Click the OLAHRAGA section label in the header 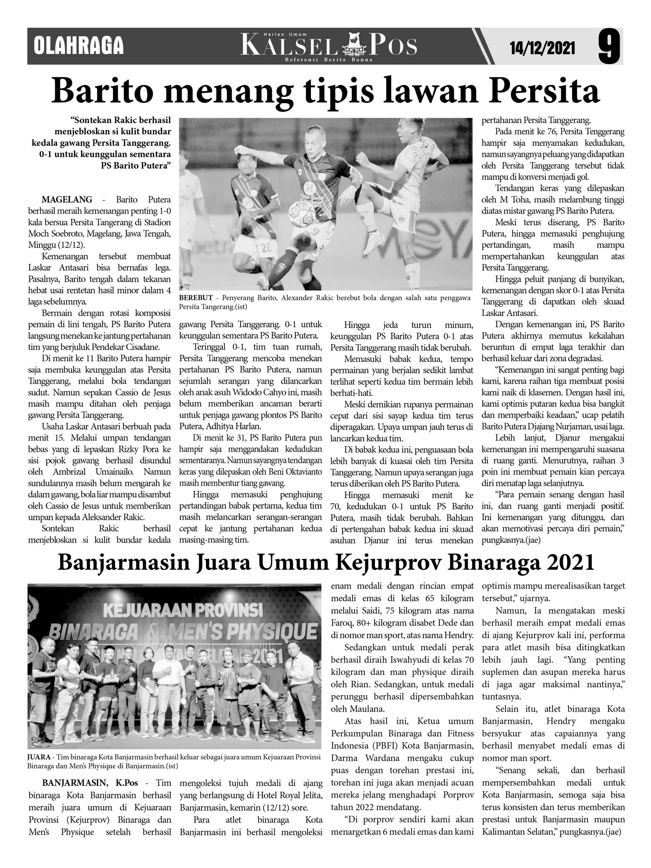78,46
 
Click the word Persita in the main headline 545,91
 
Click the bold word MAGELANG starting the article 67,199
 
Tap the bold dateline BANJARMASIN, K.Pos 90,783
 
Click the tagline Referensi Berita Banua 329,60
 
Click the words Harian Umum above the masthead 285,35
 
